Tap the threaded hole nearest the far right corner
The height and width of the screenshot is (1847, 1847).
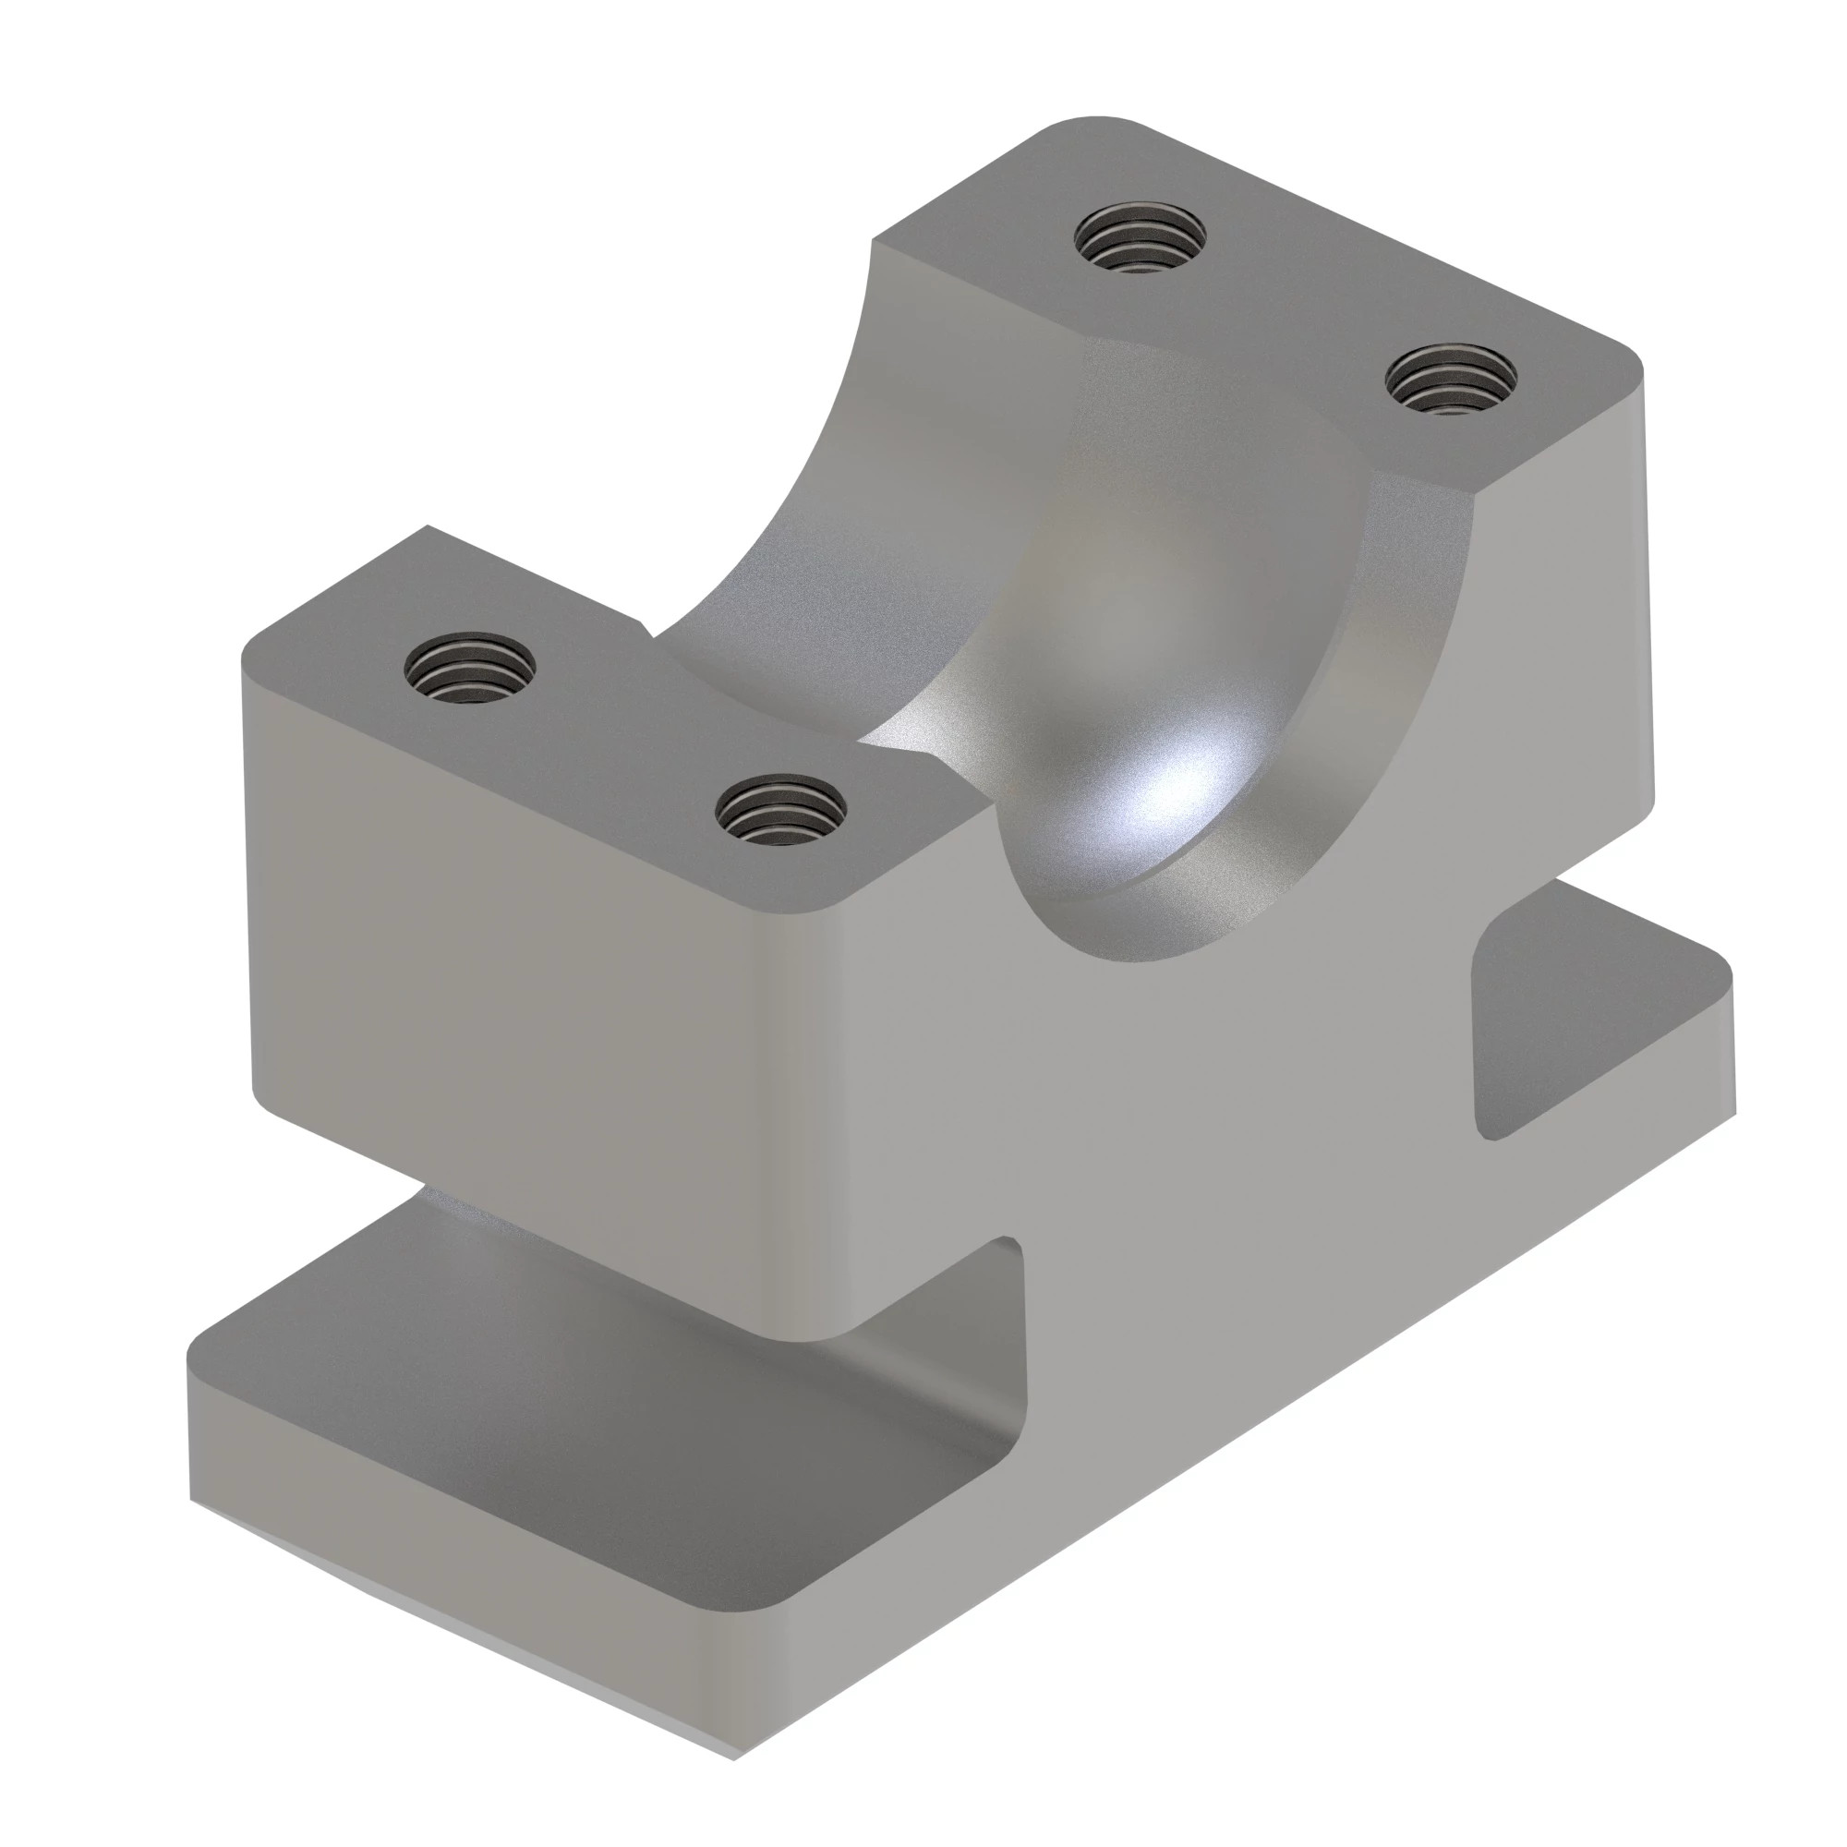coord(1451,379)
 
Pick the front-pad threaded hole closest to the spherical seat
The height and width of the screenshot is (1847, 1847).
coord(781,809)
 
